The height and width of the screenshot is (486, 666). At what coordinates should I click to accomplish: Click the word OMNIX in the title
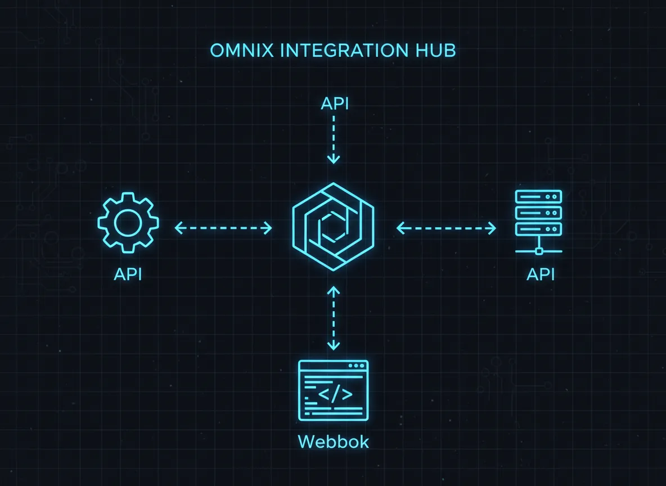tap(242, 50)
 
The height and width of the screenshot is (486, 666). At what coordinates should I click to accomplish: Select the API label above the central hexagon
tap(334, 104)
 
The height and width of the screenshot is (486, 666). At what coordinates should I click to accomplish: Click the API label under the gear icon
tap(128, 274)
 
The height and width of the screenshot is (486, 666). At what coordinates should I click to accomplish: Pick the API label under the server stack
tap(541, 274)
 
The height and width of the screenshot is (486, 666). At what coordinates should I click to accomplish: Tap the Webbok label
tap(333, 442)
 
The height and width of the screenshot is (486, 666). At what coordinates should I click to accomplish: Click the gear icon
tap(128, 223)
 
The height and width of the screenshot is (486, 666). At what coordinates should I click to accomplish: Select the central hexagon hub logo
tap(333, 227)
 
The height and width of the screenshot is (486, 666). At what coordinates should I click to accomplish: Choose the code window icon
tap(333, 390)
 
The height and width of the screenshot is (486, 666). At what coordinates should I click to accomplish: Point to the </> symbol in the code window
tap(335, 394)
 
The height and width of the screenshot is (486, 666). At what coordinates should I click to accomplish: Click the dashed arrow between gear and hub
tap(223, 228)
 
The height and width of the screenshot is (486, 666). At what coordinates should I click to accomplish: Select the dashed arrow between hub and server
tap(447, 228)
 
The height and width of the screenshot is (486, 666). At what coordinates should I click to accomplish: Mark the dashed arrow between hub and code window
tap(334, 318)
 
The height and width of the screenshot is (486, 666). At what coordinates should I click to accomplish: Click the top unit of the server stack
tap(539, 197)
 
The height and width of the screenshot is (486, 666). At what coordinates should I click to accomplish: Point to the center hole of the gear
tap(128, 223)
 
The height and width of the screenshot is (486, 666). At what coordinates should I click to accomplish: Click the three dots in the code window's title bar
tap(356, 366)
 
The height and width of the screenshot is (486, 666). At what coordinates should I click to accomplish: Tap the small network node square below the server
tap(539, 250)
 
